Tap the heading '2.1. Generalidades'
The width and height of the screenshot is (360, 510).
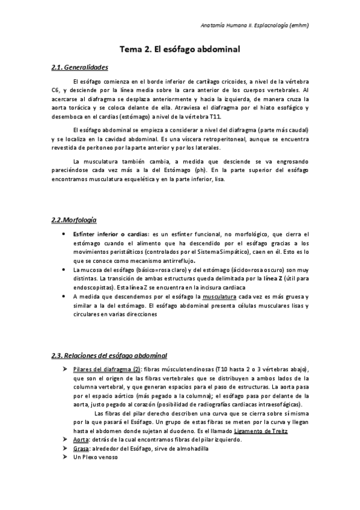click(80, 67)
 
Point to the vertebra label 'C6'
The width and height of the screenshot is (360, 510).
click(56, 90)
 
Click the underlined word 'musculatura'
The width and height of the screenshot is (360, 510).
click(219, 296)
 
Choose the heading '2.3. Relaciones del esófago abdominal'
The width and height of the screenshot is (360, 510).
click(109, 355)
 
